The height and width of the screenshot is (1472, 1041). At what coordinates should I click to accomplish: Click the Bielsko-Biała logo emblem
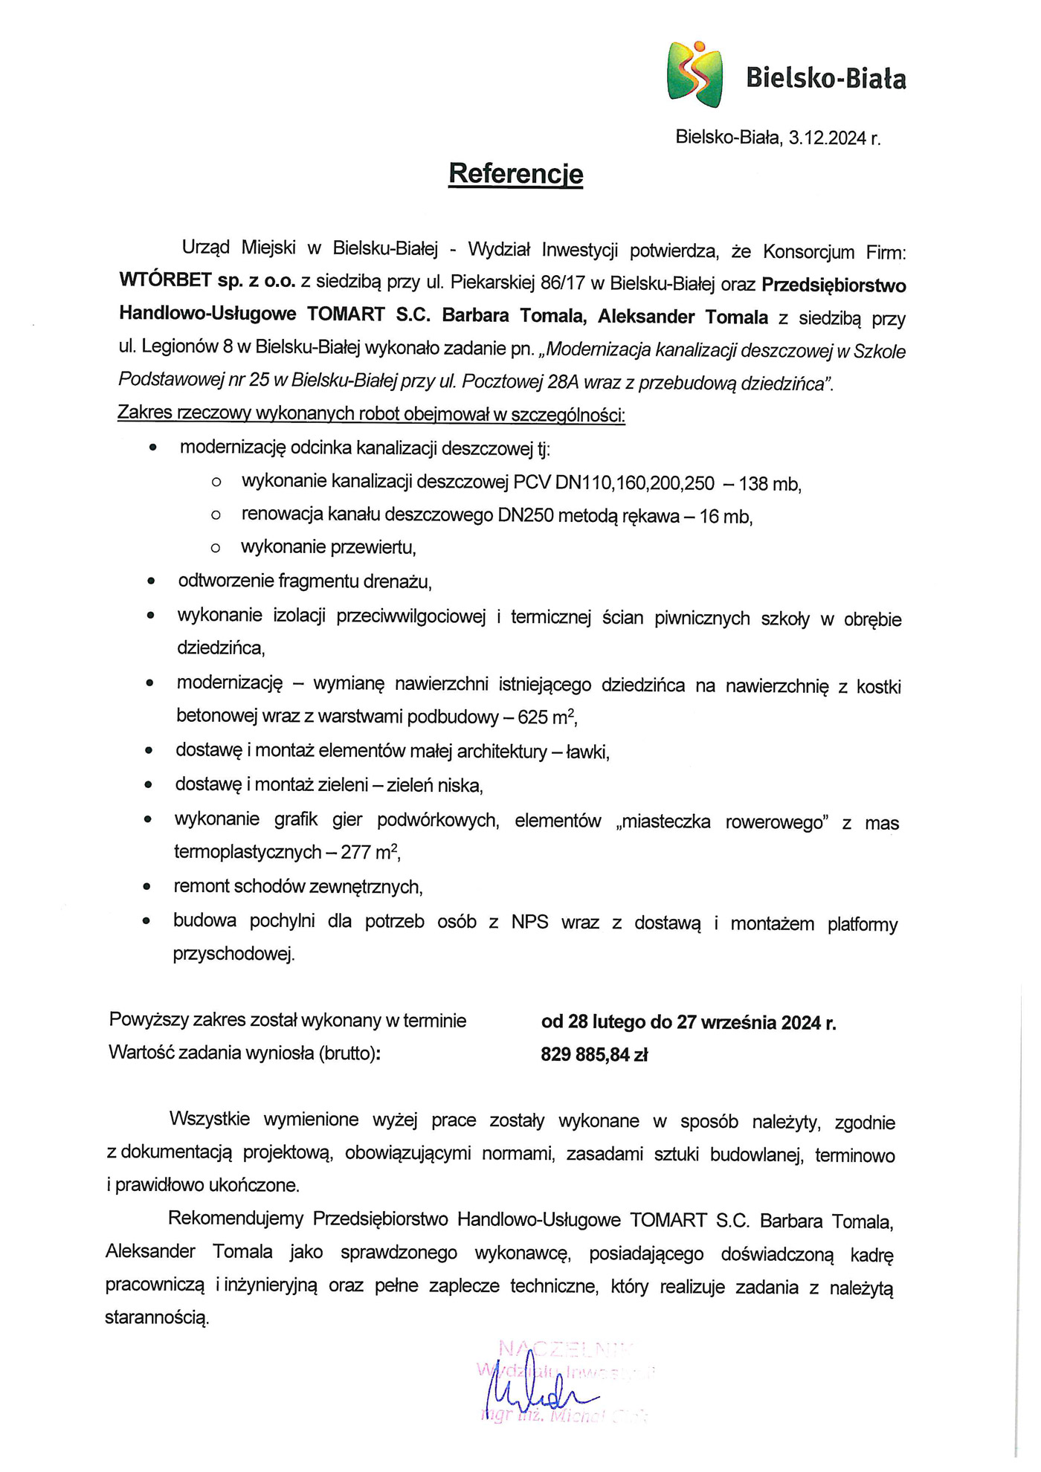[x=694, y=74]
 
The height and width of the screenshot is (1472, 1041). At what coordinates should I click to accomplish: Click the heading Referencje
[x=515, y=174]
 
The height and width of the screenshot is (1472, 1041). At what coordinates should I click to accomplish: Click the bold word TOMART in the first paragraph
[x=346, y=316]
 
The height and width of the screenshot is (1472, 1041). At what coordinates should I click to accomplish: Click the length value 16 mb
[x=726, y=517]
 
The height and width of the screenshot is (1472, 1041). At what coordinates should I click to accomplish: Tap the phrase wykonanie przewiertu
[x=328, y=548]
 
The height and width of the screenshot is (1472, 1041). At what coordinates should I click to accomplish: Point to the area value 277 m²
[x=371, y=852]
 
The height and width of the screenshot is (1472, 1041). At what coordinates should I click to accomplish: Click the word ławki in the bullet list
[x=587, y=752]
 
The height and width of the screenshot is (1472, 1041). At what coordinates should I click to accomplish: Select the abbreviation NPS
[x=529, y=923]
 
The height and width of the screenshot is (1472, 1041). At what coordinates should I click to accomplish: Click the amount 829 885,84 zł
[x=594, y=1055]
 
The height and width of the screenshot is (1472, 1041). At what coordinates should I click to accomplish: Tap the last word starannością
[x=157, y=1318]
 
